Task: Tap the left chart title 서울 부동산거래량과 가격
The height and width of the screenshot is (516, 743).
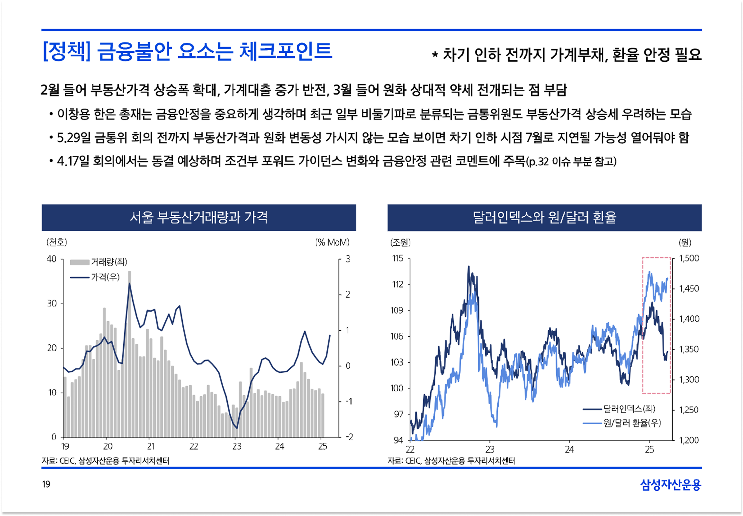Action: (x=199, y=217)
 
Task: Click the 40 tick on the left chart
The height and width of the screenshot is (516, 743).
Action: (x=51, y=259)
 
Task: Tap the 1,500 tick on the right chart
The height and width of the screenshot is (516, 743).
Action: (x=689, y=258)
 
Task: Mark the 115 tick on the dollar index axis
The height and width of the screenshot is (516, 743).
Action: (x=398, y=258)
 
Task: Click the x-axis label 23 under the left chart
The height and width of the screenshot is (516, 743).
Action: (x=237, y=447)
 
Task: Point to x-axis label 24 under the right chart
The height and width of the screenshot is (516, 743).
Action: (x=570, y=449)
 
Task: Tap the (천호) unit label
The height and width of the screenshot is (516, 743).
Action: (x=57, y=242)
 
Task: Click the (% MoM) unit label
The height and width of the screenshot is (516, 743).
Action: (x=332, y=242)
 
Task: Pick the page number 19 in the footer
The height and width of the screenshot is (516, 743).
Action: (x=46, y=484)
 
